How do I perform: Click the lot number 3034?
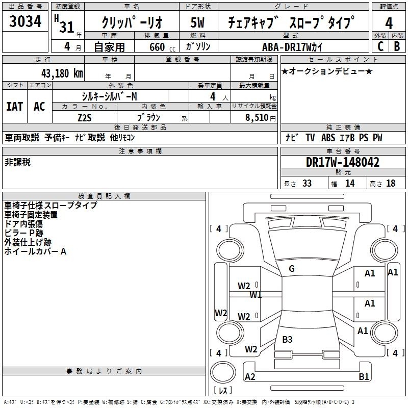25,21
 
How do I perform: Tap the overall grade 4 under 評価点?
389,23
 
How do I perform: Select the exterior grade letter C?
380,46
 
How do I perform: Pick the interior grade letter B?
397,46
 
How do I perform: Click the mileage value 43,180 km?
62,73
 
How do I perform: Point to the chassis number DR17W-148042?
343,162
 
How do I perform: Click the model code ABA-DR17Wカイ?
292,47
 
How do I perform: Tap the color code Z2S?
85,118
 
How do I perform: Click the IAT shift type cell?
15,106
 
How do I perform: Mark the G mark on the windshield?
292,269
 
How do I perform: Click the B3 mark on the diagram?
287,339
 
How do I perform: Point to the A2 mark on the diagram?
250,376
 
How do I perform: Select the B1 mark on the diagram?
364,376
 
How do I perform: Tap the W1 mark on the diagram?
256,295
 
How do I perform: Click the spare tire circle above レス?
223,372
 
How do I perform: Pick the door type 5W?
197,22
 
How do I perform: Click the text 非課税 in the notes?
17,162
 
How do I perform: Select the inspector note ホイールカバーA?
35,251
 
